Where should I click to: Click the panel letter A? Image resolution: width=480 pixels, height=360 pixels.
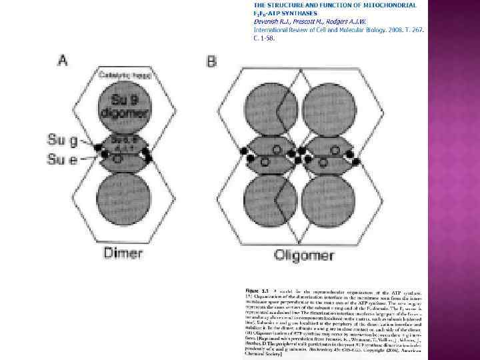point(63,61)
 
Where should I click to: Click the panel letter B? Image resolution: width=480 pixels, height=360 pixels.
point(211,61)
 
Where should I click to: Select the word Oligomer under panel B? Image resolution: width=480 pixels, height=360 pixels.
point(301,256)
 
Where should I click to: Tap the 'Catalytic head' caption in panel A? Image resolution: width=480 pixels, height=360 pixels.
point(124,76)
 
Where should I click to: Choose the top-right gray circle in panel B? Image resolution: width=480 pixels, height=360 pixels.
point(327,108)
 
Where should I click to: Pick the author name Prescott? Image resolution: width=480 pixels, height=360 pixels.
point(315,21)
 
